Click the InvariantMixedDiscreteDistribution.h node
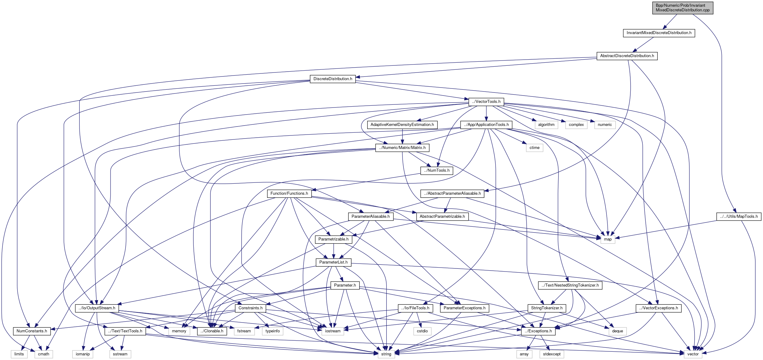(x=659, y=33)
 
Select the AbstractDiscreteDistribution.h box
(x=627, y=56)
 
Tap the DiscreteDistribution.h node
(x=333, y=79)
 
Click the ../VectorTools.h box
(x=486, y=102)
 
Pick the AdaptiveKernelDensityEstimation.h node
(x=402, y=125)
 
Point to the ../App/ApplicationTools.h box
(x=486, y=125)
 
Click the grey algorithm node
(x=546, y=125)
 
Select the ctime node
(x=534, y=148)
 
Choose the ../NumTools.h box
(x=437, y=170)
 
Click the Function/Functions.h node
(x=289, y=194)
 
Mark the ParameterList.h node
(x=333, y=262)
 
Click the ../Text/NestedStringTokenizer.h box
(x=570, y=285)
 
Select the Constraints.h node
(x=251, y=308)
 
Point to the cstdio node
(x=422, y=331)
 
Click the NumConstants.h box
(x=32, y=331)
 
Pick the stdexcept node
(x=551, y=354)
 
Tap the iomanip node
(x=83, y=354)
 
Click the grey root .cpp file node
(x=683, y=8)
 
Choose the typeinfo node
(x=273, y=331)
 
